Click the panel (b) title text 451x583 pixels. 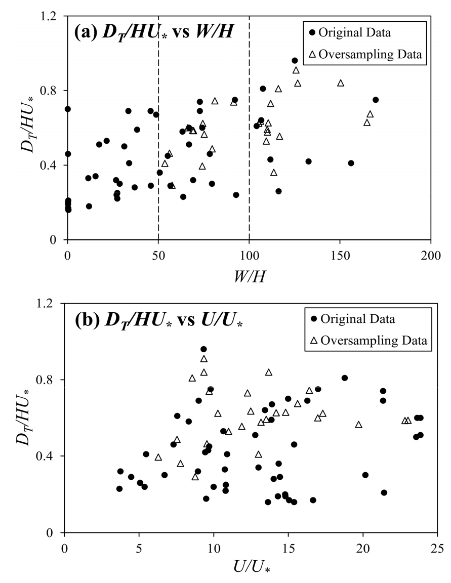point(158,320)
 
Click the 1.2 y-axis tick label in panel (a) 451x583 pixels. point(52,16)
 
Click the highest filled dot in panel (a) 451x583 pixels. point(295,61)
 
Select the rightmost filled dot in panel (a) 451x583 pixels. point(376,100)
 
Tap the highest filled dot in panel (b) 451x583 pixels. point(203,349)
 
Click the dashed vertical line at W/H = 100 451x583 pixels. point(250,152)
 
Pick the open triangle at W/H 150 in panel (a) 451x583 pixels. point(341,83)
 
